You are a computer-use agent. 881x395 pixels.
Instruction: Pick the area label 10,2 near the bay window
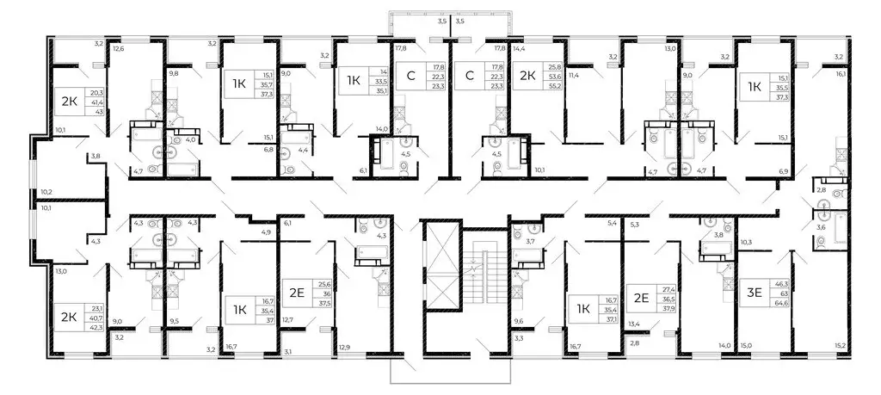point(47,192)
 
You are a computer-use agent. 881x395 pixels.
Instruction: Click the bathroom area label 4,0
point(193,138)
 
